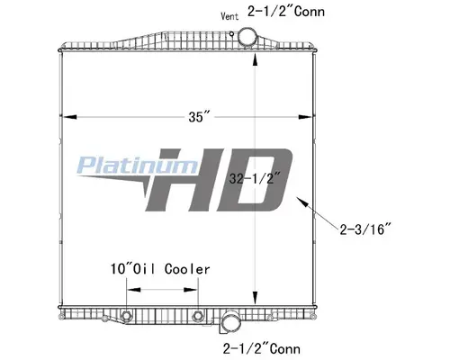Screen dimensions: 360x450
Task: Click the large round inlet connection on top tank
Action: point(247,39)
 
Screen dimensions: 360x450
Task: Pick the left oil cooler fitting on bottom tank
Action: point(127,316)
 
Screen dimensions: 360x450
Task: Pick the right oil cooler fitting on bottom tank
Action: point(198,316)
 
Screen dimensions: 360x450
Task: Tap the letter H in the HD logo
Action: point(184,180)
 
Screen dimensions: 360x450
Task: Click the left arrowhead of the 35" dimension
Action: point(65,117)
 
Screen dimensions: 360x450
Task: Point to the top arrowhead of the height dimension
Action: point(259,56)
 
